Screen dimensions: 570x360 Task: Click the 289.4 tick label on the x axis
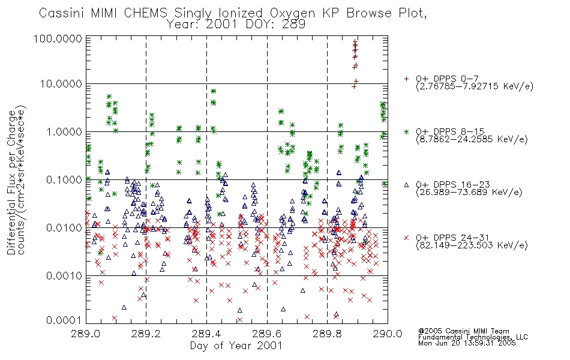(207, 334)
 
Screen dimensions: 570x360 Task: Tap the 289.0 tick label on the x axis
(86, 334)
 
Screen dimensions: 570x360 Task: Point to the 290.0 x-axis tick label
(388, 334)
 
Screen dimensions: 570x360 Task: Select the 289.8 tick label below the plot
(328, 334)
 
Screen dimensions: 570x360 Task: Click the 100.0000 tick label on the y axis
(58, 38)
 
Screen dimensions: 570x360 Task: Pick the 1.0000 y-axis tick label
(64, 131)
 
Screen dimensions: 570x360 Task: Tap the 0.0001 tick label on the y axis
(64, 320)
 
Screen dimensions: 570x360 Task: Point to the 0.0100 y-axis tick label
(64, 228)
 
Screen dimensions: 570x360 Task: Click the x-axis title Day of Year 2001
(236, 346)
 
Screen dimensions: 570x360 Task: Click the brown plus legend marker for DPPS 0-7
(406, 79)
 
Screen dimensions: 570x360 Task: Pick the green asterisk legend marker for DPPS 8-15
(406, 131)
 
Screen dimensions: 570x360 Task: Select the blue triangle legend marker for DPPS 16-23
(406, 185)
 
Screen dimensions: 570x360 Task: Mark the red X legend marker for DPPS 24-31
(406, 238)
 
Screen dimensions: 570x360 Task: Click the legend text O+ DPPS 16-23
(453, 184)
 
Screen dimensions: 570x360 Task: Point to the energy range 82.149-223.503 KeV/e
(472, 245)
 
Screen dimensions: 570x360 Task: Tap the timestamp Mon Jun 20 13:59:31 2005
(467, 343)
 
